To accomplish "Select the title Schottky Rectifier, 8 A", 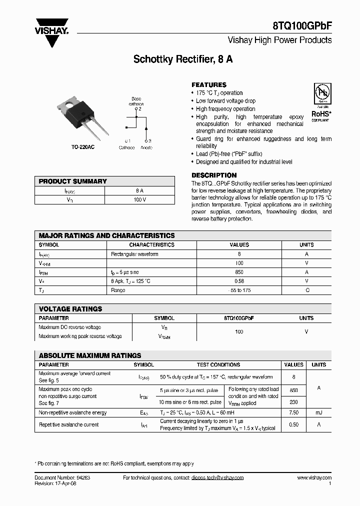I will [182, 59].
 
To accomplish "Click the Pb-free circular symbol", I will [321, 93].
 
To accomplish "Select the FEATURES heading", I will [209, 85].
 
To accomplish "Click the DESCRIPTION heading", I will [214, 175].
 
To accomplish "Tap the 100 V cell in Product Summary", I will [139, 200].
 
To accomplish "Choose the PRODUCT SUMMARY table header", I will [73, 181].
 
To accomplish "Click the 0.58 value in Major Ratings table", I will [239, 281].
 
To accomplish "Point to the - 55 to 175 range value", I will [239, 290].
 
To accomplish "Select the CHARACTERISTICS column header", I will [151, 245].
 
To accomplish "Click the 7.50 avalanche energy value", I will [293, 413].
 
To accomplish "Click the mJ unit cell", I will [318, 413].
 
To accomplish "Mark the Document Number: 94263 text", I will [62, 478].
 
